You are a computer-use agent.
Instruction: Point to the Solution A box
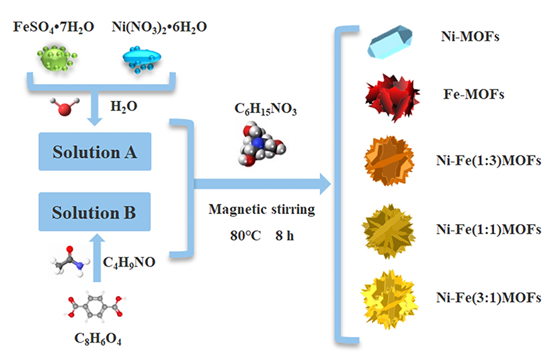point(95,152)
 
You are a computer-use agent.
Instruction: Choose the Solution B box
point(95,213)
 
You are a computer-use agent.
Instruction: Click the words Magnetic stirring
point(262,209)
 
